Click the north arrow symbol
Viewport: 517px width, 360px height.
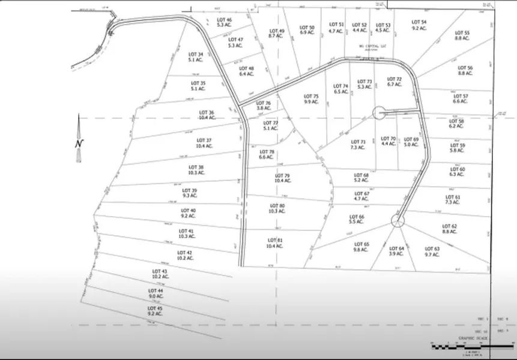tap(78, 139)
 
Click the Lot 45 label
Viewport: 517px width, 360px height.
tap(156, 308)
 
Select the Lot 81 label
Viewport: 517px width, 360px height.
tap(275, 241)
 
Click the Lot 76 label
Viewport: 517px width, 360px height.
tap(264, 103)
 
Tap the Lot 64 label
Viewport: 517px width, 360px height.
tap(397, 248)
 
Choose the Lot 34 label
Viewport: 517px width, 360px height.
tap(196, 55)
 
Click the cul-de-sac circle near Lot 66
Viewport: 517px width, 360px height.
tap(398, 220)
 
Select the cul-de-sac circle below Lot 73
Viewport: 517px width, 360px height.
tap(379, 112)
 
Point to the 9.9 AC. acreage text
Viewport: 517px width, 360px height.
tap(311, 102)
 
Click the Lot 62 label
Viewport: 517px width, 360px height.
tap(450, 226)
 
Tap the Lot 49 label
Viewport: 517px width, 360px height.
tap(276, 31)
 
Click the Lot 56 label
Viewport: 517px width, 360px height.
tap(465, 68)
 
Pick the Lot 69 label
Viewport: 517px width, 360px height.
tap(411, 139)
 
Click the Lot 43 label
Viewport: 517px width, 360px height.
tap(160, 272)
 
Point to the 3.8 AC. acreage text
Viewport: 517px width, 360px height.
tap(264, 109)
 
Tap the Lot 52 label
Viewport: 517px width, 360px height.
tap(360, 25)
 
